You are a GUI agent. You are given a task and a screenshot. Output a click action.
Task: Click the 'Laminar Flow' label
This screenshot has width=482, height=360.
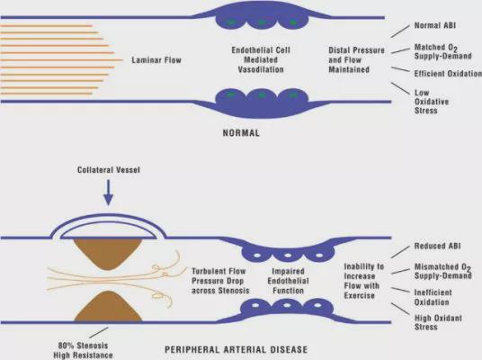point(156,60)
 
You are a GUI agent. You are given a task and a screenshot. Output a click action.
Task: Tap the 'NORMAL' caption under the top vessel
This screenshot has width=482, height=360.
point(241,133)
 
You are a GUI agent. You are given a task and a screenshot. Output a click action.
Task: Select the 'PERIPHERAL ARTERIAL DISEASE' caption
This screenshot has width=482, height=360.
point(237,350)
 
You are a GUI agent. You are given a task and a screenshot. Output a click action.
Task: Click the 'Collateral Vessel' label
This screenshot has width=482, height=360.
point(109,170)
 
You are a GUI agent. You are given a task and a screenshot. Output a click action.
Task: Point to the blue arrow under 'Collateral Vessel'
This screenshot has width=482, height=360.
point(108,193)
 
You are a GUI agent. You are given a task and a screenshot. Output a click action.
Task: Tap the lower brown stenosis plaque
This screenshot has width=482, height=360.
point(108,307)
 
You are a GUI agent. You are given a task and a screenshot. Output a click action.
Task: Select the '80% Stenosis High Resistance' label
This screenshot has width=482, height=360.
point(83,350)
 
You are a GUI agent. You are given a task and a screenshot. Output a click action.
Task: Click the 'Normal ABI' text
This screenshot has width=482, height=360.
point(435,25)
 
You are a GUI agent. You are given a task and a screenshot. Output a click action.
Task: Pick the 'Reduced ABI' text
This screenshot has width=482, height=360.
point(437,246)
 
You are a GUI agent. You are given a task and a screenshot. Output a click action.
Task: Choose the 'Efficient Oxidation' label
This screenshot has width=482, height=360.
point(448,74)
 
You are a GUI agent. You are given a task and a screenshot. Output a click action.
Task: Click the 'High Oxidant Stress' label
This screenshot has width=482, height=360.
point(438,322)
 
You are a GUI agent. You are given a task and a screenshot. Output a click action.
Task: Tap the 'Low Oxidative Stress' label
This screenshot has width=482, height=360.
point(432,102)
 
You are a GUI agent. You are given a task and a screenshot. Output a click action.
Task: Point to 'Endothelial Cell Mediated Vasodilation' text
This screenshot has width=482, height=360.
point(261,59)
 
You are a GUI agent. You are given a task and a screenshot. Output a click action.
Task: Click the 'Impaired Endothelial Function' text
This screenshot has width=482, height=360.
point(288,281)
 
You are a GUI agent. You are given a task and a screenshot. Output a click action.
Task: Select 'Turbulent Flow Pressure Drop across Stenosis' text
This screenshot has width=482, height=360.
point(220,281)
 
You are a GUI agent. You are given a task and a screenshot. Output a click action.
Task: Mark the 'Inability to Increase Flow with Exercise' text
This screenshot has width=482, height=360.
point(364,281)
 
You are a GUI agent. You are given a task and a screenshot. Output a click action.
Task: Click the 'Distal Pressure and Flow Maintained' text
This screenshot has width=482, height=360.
point(356,59)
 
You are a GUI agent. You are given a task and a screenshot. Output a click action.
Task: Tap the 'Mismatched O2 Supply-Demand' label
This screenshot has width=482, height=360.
point(443,271)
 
